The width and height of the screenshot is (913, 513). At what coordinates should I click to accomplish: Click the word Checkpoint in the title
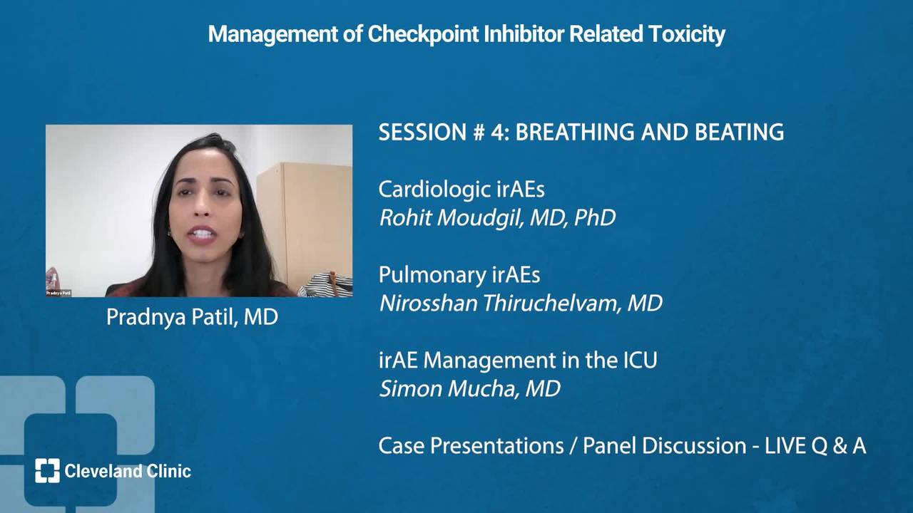coord(423,34)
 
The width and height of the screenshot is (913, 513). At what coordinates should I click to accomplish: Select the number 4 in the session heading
coord(499,133)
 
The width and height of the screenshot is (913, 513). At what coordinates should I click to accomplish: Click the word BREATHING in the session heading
coord(575,133)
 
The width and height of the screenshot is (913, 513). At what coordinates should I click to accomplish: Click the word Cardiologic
coord(434,190)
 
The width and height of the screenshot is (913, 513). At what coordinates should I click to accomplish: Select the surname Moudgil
coord(479,218)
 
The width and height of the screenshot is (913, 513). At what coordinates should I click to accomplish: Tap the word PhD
coord(595,218)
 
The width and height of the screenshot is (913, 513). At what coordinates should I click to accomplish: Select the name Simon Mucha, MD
coord(470,389)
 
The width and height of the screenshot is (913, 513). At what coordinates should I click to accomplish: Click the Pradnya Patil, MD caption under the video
coord(192,318)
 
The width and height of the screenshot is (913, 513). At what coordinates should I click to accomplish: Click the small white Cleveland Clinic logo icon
coord(47,471)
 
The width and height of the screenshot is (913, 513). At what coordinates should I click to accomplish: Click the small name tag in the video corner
coord(58,293)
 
